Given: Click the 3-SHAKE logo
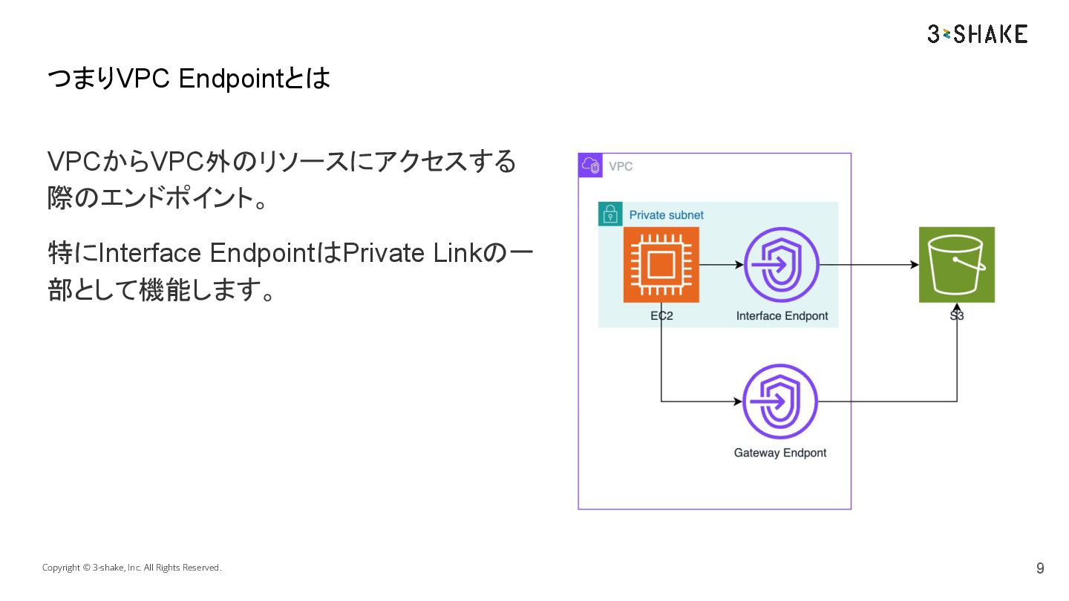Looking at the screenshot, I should click(x=977, y=33).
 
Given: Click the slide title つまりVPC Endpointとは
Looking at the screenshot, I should click(x=189, y=79).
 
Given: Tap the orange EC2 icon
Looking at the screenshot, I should click(x=661, y=265).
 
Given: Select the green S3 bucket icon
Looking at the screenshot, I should click(x=956, y=265).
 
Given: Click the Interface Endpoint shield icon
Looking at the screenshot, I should click(x=781, y=265).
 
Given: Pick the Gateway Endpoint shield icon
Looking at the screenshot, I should click(x=780, y=401).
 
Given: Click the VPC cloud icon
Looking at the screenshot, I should click(x=590, y=165).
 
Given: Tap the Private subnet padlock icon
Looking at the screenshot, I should click(x=610, y=214).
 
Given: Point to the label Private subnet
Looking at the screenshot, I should click(x=666, y=215).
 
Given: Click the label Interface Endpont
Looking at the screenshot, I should click(x=782, y=316).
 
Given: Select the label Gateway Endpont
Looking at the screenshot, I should click(x=779, y=453).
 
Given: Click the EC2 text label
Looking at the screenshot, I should click(x=661, y=316).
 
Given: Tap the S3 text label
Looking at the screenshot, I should click(x=956, y=316).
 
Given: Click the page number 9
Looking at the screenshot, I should click(x=1040, y=568).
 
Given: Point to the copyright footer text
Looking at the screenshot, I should click(x=131, y=568).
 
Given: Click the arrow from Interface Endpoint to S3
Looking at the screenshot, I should click(x=869, y=264).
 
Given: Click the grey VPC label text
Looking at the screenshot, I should click(x=621, y=166).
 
